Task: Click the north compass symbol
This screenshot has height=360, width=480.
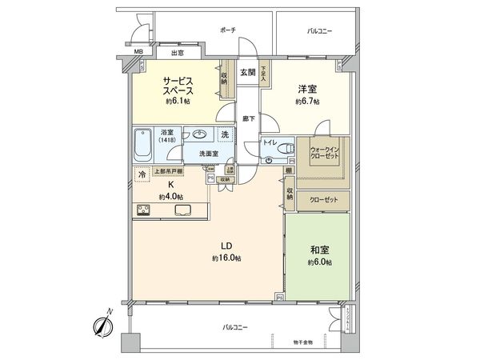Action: (x=102, y=326)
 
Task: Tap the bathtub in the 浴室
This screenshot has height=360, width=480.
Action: (x=145, y=143)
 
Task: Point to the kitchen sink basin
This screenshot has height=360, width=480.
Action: (x=182, y=210)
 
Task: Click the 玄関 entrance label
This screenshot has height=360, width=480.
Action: (x=247, y=72)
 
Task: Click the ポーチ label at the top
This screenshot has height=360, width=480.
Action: (x=227, y=30)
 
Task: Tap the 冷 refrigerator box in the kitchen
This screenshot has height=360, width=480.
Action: (x=141, y=174)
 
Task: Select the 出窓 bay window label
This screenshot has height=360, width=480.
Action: (x=178, y=54)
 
